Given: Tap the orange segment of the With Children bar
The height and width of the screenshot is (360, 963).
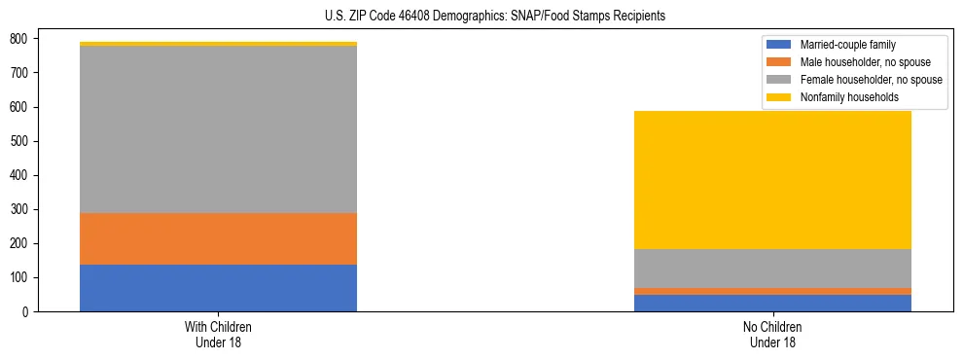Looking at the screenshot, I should click(x=218, y=238).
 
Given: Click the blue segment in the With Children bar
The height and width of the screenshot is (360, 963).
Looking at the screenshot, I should click(x=218, y=288).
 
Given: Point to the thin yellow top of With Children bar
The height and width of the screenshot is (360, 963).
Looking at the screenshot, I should click(x=218, y=44).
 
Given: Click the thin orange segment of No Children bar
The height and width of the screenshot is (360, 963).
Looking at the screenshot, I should click(x=772, y=291).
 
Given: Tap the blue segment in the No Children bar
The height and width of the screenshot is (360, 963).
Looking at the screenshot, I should click(x=772, y=303).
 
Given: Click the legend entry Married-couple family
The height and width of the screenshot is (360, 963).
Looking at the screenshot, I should click(x=847, y=45).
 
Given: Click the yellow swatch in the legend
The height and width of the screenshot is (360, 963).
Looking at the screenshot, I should click(x=779, y=97).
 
